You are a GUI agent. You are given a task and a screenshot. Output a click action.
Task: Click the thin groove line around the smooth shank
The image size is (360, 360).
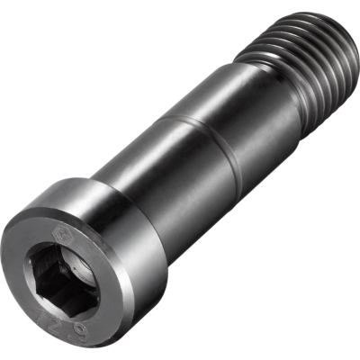tap(202, 144)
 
